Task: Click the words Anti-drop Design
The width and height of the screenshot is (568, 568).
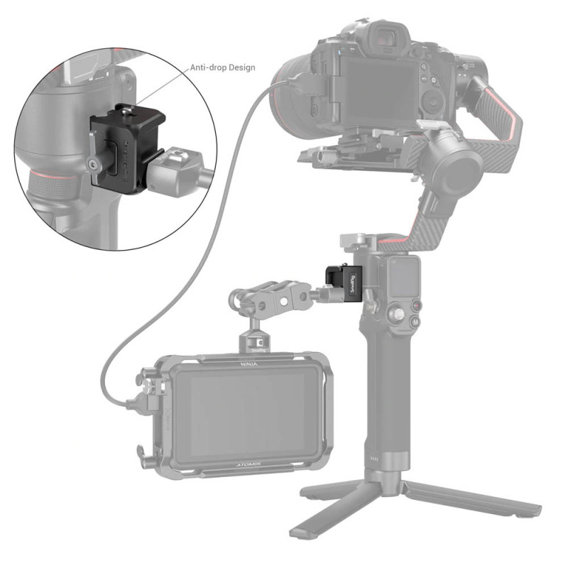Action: click(222, 68)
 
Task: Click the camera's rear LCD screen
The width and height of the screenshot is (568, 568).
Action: click(370, 88)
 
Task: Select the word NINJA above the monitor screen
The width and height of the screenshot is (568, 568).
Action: click(246, 362)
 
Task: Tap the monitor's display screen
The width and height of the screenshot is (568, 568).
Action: click(241, 412)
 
